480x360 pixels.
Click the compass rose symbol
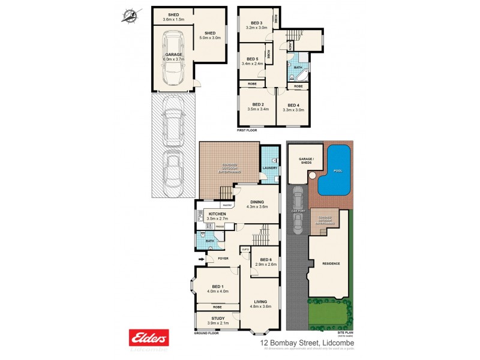point(129,16)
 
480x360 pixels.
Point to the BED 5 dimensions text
point(253,64)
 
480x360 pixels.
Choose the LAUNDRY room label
point(270,168)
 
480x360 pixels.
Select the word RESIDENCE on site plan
point(331,263)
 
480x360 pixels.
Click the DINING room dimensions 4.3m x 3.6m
point(256,207)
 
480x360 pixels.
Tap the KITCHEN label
point(216,214)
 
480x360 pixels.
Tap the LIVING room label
point(259,302)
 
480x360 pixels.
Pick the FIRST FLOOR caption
point(247,130)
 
